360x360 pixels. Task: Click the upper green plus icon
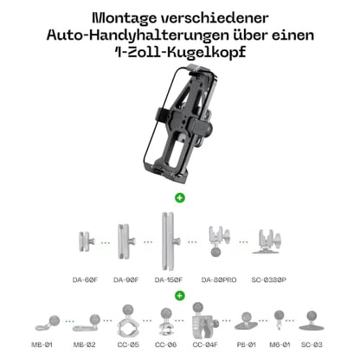click(x=180, y=197)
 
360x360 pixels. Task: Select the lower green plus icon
click(x=180, y=295)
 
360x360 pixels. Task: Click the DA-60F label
click(x=85, y=280)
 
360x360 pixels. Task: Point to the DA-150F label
click(x=169, y=280)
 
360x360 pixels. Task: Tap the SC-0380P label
click(x=268, y=280)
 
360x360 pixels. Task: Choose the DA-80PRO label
click(x=219, y=280)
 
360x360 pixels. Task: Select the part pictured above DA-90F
click(x=126, y=241)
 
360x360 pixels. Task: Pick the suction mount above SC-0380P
click(x=267, y=241)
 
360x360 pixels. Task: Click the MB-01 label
click(x=42, y=344)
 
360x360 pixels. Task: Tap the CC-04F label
click(x=205, y=344)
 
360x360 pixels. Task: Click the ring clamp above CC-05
click(x=128, y=321)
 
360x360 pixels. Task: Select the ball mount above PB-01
click(x=246, y=321)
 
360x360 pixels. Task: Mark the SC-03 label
click(x=312, y=344)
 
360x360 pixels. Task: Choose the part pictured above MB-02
click(x=87, y=323)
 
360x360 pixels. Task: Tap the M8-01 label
click(x=280, y=344)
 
